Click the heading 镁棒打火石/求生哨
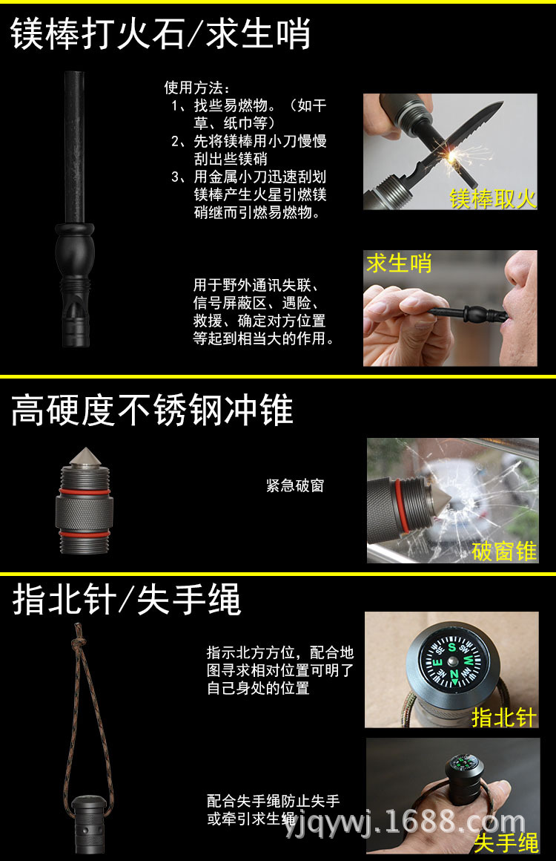coord(161,33)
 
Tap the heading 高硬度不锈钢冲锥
coord(153,410)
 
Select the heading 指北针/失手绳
coord(127,599)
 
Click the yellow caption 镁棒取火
coord(492,198)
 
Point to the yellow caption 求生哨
coord(399,263)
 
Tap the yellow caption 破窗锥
coord(504,551)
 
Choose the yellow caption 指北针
coord(504,717)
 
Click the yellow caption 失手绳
coord(506,842)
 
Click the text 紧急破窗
coord(295,485)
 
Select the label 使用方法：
coord(197,88)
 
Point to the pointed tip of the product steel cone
coord(85,449)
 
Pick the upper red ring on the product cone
coord(85,491)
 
